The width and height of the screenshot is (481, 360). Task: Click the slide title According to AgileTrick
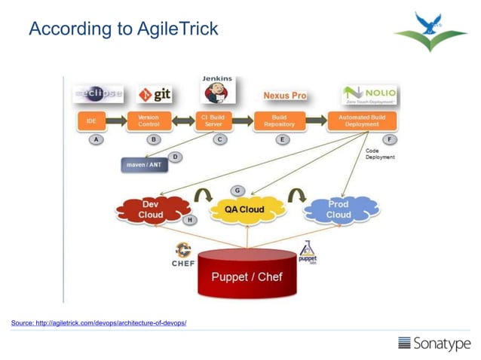[123, 29]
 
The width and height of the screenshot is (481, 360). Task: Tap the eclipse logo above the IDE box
[98, 95]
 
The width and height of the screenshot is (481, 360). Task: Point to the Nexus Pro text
[284, 96]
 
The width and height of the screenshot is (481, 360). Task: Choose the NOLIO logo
[369, 96]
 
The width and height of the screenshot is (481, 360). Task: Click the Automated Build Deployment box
[362, 121]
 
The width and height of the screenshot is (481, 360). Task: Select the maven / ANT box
[144, 165]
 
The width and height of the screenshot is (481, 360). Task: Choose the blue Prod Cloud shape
[339, 209]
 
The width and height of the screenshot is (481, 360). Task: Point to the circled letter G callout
[238, 190]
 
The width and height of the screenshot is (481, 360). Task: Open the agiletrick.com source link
[98, 323]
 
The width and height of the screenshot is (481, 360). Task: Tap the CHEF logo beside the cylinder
[183, 255]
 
